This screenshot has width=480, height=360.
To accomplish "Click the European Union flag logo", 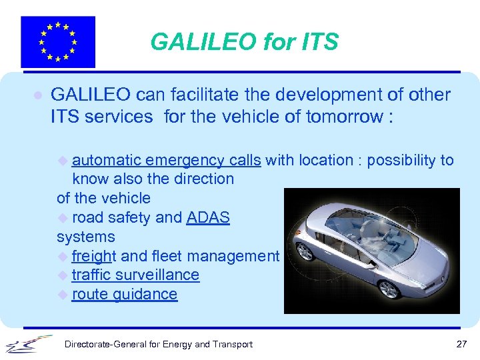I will (58, 42).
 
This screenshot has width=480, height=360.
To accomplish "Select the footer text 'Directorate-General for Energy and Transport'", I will (158, 344).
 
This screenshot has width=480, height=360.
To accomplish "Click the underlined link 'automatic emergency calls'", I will (166, 160).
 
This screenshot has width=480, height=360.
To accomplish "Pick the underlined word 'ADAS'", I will (208, 217).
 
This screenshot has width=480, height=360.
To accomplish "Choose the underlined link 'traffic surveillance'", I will (135, 275).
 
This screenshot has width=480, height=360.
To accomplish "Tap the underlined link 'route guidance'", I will (125, 294).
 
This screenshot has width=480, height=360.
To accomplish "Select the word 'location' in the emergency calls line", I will (326, 160).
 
